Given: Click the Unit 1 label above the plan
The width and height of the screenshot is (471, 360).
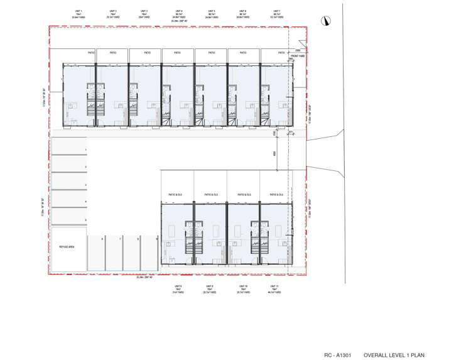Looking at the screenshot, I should click(x=78, y=11).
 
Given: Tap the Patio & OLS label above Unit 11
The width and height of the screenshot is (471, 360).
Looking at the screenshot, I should click(x=276, y=195).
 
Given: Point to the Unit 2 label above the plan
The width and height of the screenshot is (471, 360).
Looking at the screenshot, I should click(x=112, y=11).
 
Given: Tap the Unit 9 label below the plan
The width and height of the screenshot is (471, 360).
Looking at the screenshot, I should click(x=210, y=286).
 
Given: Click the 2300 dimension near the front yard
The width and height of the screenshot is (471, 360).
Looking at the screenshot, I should click(x=298, y=49).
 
